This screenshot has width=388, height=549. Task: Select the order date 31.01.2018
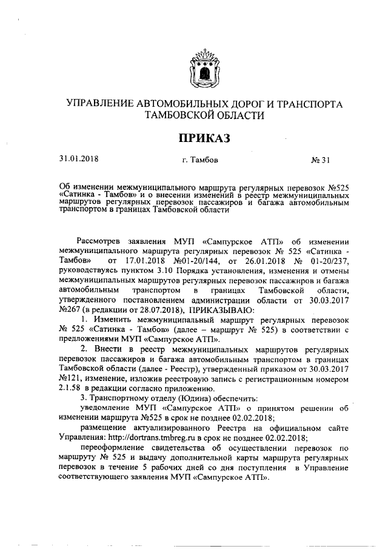(79, 160)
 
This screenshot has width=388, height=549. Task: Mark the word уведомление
(101, 408)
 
